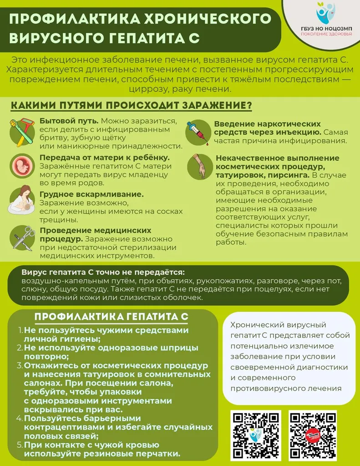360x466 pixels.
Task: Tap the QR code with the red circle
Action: coord(312,435)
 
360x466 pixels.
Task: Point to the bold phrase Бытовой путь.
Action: coord(69,122)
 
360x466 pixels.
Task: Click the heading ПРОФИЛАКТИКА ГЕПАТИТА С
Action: coord(112,317)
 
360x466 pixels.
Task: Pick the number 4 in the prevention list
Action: coord(20,418)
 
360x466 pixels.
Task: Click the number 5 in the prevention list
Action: coord(20,445)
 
